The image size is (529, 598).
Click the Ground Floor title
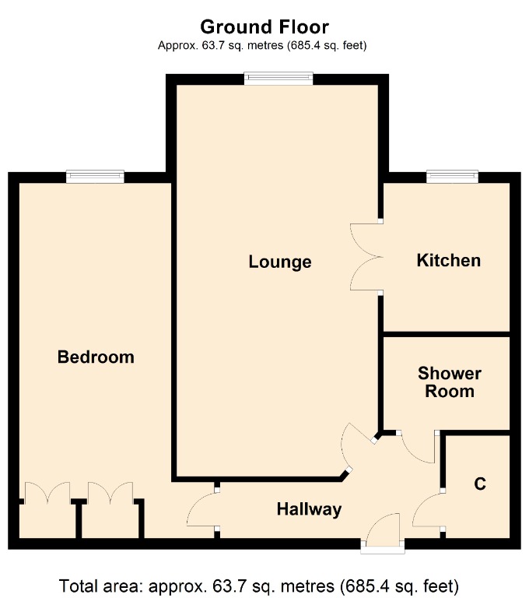tap(264, 28)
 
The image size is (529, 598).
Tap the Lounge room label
tap(280, 262)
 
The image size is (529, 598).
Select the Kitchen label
tap(449, 260)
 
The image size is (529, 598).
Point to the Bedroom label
tap(96, 357)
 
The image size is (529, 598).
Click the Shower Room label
tap(449, 382)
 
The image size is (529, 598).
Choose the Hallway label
tap(310, 510)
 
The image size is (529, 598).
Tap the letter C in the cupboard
tap(480, 484)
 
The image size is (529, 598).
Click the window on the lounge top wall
tap(279, 78)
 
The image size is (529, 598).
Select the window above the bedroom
tap(95, 178)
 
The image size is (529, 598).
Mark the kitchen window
tap(452, 178)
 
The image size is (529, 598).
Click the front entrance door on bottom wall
tap(383, 533)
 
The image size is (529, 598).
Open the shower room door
tap(419, 447)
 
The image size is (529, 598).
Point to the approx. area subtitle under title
tap(263, 46)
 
